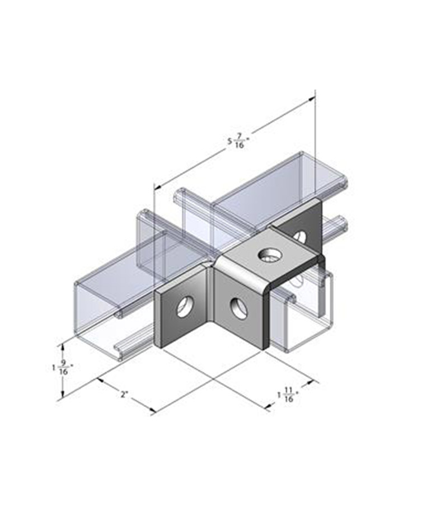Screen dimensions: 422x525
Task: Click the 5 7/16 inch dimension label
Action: click(239, 140)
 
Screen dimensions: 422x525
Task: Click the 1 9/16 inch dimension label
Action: click(62, 367)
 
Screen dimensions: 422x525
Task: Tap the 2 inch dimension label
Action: click(125, 395)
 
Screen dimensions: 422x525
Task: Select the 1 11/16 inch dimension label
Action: click(288, 395)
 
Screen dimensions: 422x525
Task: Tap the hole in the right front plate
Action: click(237, 307)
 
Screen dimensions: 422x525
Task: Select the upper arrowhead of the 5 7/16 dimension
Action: click(312, 98)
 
